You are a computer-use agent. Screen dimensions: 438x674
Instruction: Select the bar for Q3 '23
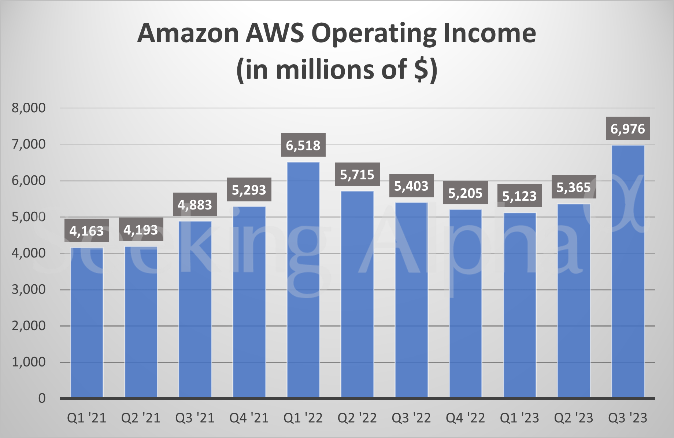(x=628, y=271)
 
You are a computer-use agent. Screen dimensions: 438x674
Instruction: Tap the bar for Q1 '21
(x=87, y=323)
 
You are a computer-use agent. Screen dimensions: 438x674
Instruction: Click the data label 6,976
(x=628, y=129)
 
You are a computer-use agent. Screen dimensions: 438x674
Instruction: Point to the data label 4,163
(x=87, y=231)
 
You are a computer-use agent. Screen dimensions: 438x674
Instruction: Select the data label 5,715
(x=357, y=174)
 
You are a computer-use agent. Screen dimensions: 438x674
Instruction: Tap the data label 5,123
(x=519, y=196)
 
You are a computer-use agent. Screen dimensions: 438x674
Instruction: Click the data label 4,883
(x=195, y=204)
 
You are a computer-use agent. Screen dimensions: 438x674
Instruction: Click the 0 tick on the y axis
(x=42, y=398)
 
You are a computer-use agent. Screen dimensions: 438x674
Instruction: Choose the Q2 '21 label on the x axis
(x=141, y=418)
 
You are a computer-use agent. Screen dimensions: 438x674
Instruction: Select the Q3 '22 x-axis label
(x=411, y=418)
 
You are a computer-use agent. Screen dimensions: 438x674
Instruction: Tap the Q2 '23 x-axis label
(x=574, y=418)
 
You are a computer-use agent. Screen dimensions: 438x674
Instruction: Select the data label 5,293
(x=249, y=190)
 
